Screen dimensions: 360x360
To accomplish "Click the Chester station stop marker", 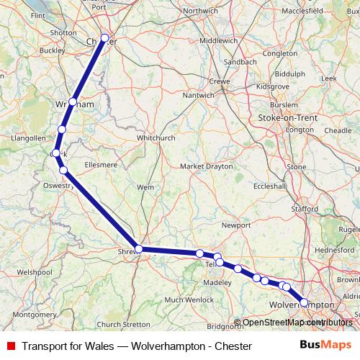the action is pyautogui.click(x=105, y=38).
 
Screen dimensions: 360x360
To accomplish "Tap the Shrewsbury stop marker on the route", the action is pyautogui.click(x=139, y=249).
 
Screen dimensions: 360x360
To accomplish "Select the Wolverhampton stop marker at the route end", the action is pyautogui.click(x=304, y=303).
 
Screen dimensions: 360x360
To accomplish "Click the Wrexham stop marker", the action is pyautogui.click(x=73, y=102).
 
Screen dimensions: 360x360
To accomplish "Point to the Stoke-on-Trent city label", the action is pyautogui.click(x=287, y=116).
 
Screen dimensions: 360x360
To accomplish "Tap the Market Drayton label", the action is pyautogui.click(x=206, y=166).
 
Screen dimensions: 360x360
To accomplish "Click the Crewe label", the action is pyautogui.click(x=220, y=82).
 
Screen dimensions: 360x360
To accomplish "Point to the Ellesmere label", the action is pyautogui.click(x=99, y=165).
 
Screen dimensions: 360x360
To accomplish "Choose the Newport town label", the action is pyautogui.click(x=235, y=225).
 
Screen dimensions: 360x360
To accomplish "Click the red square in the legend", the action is pyautogui.click(x=11, y=346).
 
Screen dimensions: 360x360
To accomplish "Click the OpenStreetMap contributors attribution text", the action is pyautogui.click(x=297, y=323).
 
